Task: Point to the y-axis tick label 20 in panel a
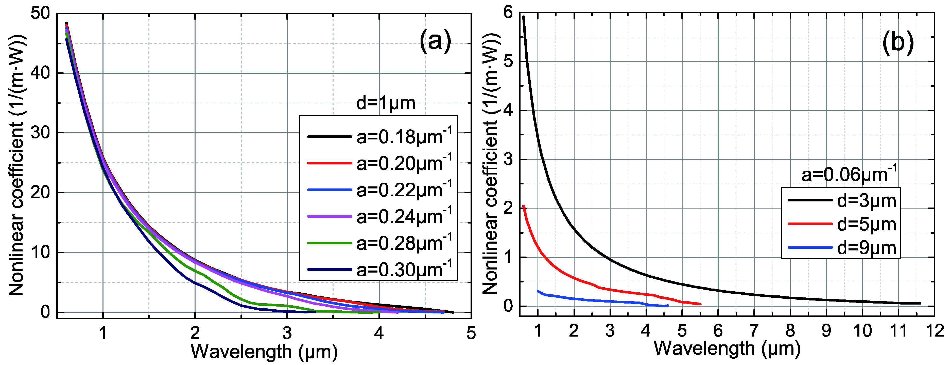(40, 193)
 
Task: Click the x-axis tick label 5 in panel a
(471, 333)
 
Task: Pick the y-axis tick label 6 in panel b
(508, 13)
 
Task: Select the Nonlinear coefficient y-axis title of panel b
(491, 163)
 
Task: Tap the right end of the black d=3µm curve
(920, 303)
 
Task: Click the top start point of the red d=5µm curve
(524, 206)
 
